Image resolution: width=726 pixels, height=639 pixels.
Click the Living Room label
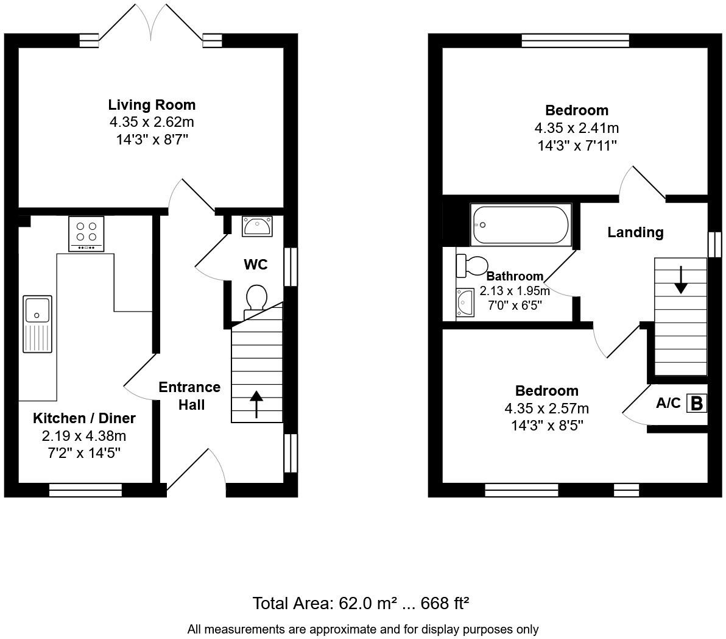pyautogui.click(x=152, y=104)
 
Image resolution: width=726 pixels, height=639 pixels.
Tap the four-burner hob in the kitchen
pyautogui.click(x=86, y=233)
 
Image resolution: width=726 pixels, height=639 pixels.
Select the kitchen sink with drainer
pyautogui.click(x=38, y=324)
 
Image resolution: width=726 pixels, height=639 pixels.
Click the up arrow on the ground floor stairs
pyautogui.click(x=256, y=404)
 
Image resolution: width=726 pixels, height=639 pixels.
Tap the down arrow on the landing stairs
pyautogui.click(x=680, y=279)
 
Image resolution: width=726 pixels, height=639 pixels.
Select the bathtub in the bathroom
pyautogui.click(x=520, y=225)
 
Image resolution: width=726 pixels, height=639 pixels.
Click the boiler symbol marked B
pyautogui.click(x=697, y=403)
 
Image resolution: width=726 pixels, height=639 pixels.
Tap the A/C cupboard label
pyautogui.click(x=668, y=403)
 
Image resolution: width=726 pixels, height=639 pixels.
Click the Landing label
pyautogui.click(x=635, y=232)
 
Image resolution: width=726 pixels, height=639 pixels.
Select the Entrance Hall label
pyautogui.click(x=190, y=396)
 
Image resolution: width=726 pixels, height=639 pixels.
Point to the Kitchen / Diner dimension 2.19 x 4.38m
pyautogui.click(x=84, y=436)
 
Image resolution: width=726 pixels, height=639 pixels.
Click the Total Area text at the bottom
pyautogui.click(x=361, y=604)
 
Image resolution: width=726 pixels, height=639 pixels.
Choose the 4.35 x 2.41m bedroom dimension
pyautogui.click(x=576, y=128)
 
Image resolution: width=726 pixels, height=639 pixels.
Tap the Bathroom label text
pyautogui.click(x=515, y=276)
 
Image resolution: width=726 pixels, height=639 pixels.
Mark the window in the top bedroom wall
pyautogui.click(x=575, y=41)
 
